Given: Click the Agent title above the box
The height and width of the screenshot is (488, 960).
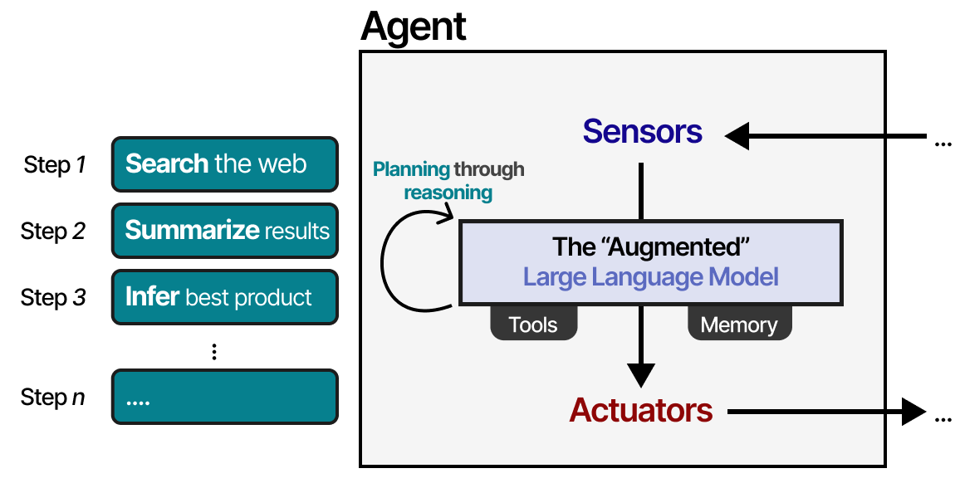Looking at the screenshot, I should (x=413, y=27).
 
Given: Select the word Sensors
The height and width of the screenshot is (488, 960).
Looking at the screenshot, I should (x=642, y=132).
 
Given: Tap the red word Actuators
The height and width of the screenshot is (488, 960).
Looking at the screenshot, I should (x=640, y=410).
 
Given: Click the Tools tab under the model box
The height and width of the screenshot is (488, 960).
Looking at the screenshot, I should (x=532, y=325).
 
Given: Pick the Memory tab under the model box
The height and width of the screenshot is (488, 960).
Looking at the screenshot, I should (x=739, y=325).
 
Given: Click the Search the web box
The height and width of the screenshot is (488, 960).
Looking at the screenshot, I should (x=224, y=163).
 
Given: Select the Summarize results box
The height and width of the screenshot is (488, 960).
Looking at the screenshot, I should (x=224, y=230).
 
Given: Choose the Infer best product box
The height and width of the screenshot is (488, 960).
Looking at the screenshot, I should (x=224, y=296).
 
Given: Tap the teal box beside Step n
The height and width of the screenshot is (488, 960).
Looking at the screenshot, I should (x=224, y=397).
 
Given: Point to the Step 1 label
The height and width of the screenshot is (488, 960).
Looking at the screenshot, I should (x=55, y=164).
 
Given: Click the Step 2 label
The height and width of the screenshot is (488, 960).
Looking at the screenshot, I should (x=55, y=231).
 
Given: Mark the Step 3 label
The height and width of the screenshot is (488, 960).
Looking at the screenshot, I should (x=55, y=297).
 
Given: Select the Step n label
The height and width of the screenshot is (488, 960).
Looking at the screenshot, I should (x=55, y=398).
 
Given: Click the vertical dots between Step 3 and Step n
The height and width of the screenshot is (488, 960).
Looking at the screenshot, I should (x=214, y=352).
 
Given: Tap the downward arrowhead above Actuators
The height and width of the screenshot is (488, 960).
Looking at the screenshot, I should (x=640, y=374).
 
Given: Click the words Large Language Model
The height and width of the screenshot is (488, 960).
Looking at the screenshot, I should (x=650, y=276).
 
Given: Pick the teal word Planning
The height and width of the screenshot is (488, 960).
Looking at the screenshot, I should (x=410, y=170).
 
